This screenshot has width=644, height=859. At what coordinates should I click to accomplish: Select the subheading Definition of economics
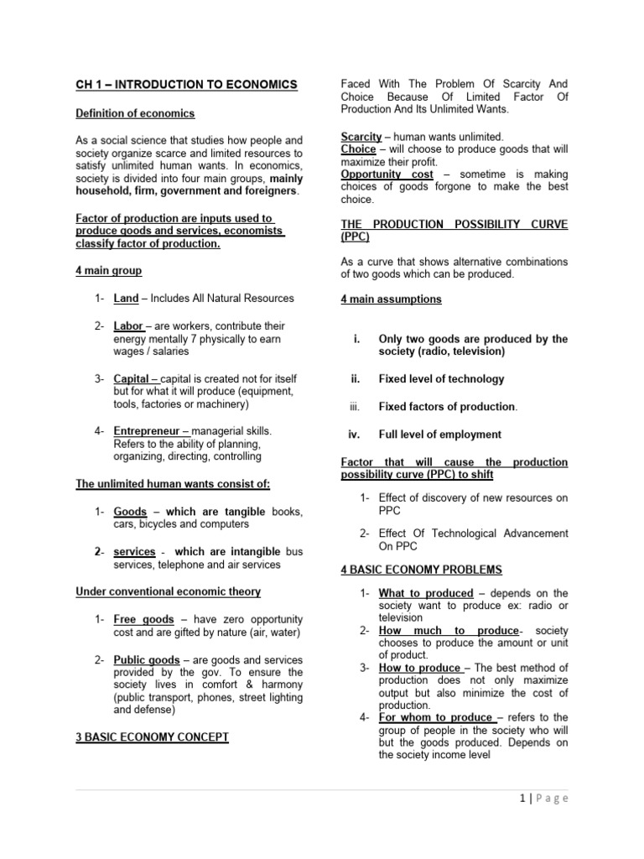point(135,113)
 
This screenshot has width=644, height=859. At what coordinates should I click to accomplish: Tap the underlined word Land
point(127,298)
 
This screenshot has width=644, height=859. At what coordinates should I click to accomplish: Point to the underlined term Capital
point(132,378)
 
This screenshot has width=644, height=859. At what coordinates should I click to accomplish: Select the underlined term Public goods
point(144,659)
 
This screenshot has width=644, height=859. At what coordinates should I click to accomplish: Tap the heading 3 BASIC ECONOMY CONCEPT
point(152,737)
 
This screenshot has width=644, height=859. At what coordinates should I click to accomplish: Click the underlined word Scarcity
point(361,136)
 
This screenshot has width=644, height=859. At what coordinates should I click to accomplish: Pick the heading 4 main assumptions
point(391,299)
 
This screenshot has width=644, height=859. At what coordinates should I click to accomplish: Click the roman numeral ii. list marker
point(355,378)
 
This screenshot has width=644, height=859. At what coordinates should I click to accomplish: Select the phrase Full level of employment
point(440,435)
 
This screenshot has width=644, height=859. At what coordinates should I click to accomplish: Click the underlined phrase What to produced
point(426,593)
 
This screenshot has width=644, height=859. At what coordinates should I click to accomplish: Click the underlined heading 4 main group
point(109,271)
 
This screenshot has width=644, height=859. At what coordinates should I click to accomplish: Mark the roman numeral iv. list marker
point(354,435)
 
